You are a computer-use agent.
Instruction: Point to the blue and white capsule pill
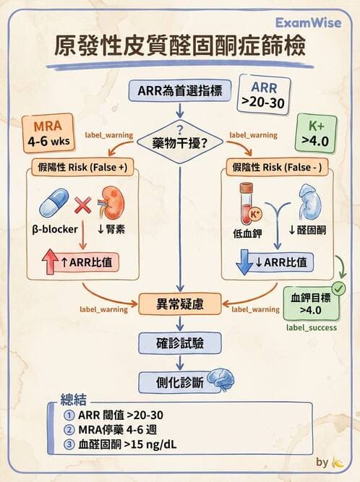pos(54,204)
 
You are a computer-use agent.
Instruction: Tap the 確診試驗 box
pos(179,341)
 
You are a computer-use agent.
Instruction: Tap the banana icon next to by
pos(338,462)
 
